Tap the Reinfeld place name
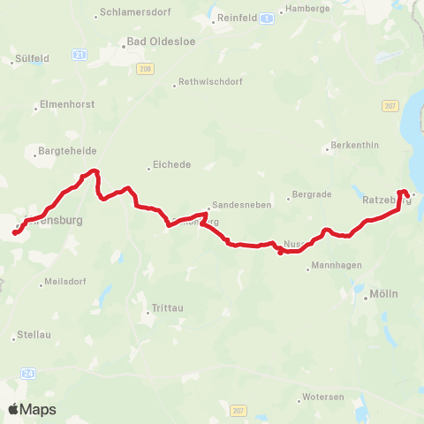click(237, 17)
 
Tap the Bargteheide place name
click(61, 151)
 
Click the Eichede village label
click(172, 164)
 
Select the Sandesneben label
click(240, 204)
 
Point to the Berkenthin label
click(353, 146)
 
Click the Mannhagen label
click(334, 268)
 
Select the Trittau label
click(165, 309)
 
